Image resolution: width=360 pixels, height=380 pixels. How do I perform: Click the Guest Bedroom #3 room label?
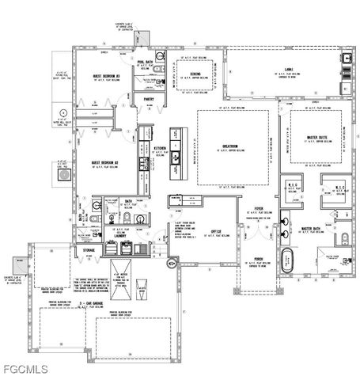(x=106, y=76)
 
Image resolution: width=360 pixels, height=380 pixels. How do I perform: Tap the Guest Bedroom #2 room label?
(x=104, y=162)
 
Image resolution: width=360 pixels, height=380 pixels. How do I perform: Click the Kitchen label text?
(x=159, y=148)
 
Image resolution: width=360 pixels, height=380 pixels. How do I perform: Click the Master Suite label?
(x=317, y=137)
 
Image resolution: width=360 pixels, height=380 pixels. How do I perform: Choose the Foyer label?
(x=258, y=209)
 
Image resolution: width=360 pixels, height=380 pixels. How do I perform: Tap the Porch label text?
(x=258, y=258)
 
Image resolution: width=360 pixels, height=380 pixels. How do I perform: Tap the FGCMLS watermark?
(x=25, y=369)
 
